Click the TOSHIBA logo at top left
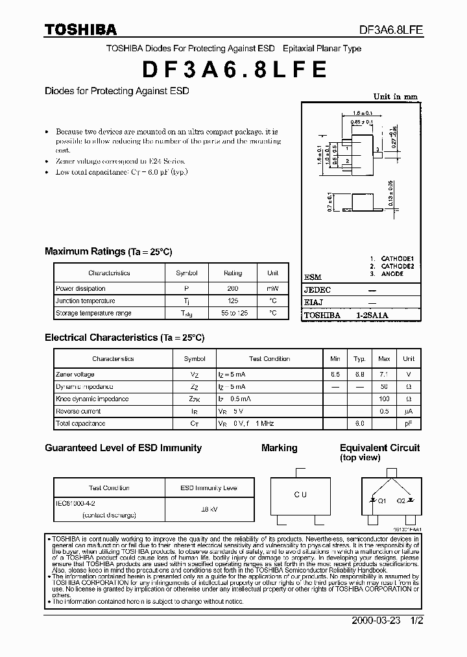(x=80, y=30)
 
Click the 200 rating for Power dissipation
(x=233, y=288)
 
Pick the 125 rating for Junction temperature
(x=233, y=301)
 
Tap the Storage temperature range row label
(x=93, y=313)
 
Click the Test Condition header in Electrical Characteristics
(x=269, y=358)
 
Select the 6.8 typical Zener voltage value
(x=359, y=375)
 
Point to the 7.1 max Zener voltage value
(x=384, y=375)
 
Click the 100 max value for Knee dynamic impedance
(x=384, y=399)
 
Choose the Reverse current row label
(x=78, y=411)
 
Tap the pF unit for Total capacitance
(x=409, y=423)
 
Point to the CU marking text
(x=300, y=495)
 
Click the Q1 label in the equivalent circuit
(x=383, y=501)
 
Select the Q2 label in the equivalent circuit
(x=401, y=501)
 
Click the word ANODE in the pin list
(x=392, y=274)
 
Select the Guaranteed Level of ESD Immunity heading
(x=123, y=448)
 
